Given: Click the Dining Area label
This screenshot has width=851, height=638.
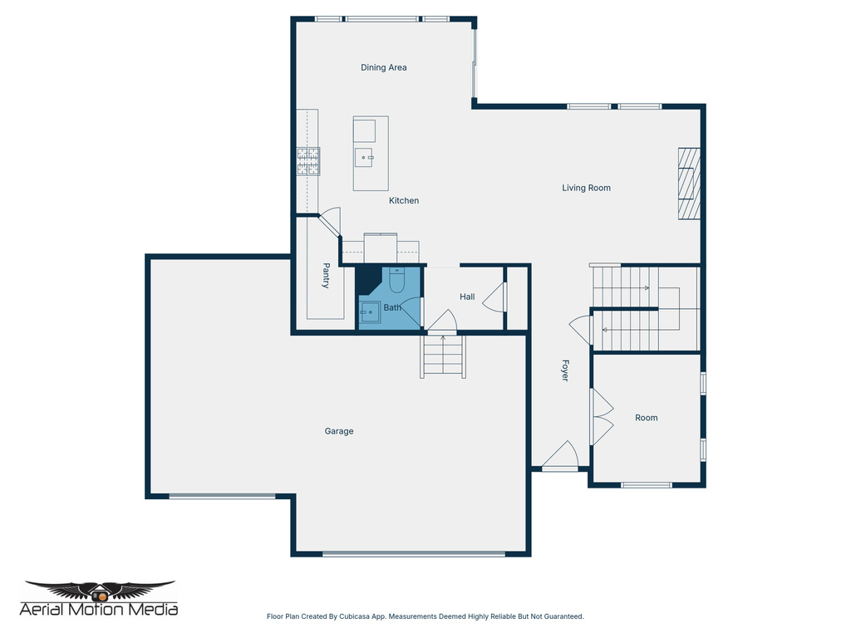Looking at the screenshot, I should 383,67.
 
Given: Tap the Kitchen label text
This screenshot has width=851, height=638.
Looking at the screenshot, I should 404,201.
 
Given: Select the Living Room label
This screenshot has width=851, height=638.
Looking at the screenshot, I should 586,188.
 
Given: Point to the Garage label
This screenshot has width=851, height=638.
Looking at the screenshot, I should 338,431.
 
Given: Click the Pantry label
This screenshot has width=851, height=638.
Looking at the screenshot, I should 326,275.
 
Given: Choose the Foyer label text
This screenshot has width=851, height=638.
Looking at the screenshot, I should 564,371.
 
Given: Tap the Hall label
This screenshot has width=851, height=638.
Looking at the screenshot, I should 467,297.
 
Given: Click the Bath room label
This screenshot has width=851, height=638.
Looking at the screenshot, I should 391,307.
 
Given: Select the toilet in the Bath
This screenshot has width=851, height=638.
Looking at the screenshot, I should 396,281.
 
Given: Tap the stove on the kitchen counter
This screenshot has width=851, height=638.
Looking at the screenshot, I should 308,161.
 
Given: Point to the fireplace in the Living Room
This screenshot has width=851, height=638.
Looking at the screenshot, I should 688,184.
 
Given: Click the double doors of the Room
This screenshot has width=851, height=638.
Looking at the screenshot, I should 601,417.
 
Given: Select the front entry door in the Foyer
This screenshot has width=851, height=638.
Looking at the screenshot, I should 560,456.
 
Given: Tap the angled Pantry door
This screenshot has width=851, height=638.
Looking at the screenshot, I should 329,221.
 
